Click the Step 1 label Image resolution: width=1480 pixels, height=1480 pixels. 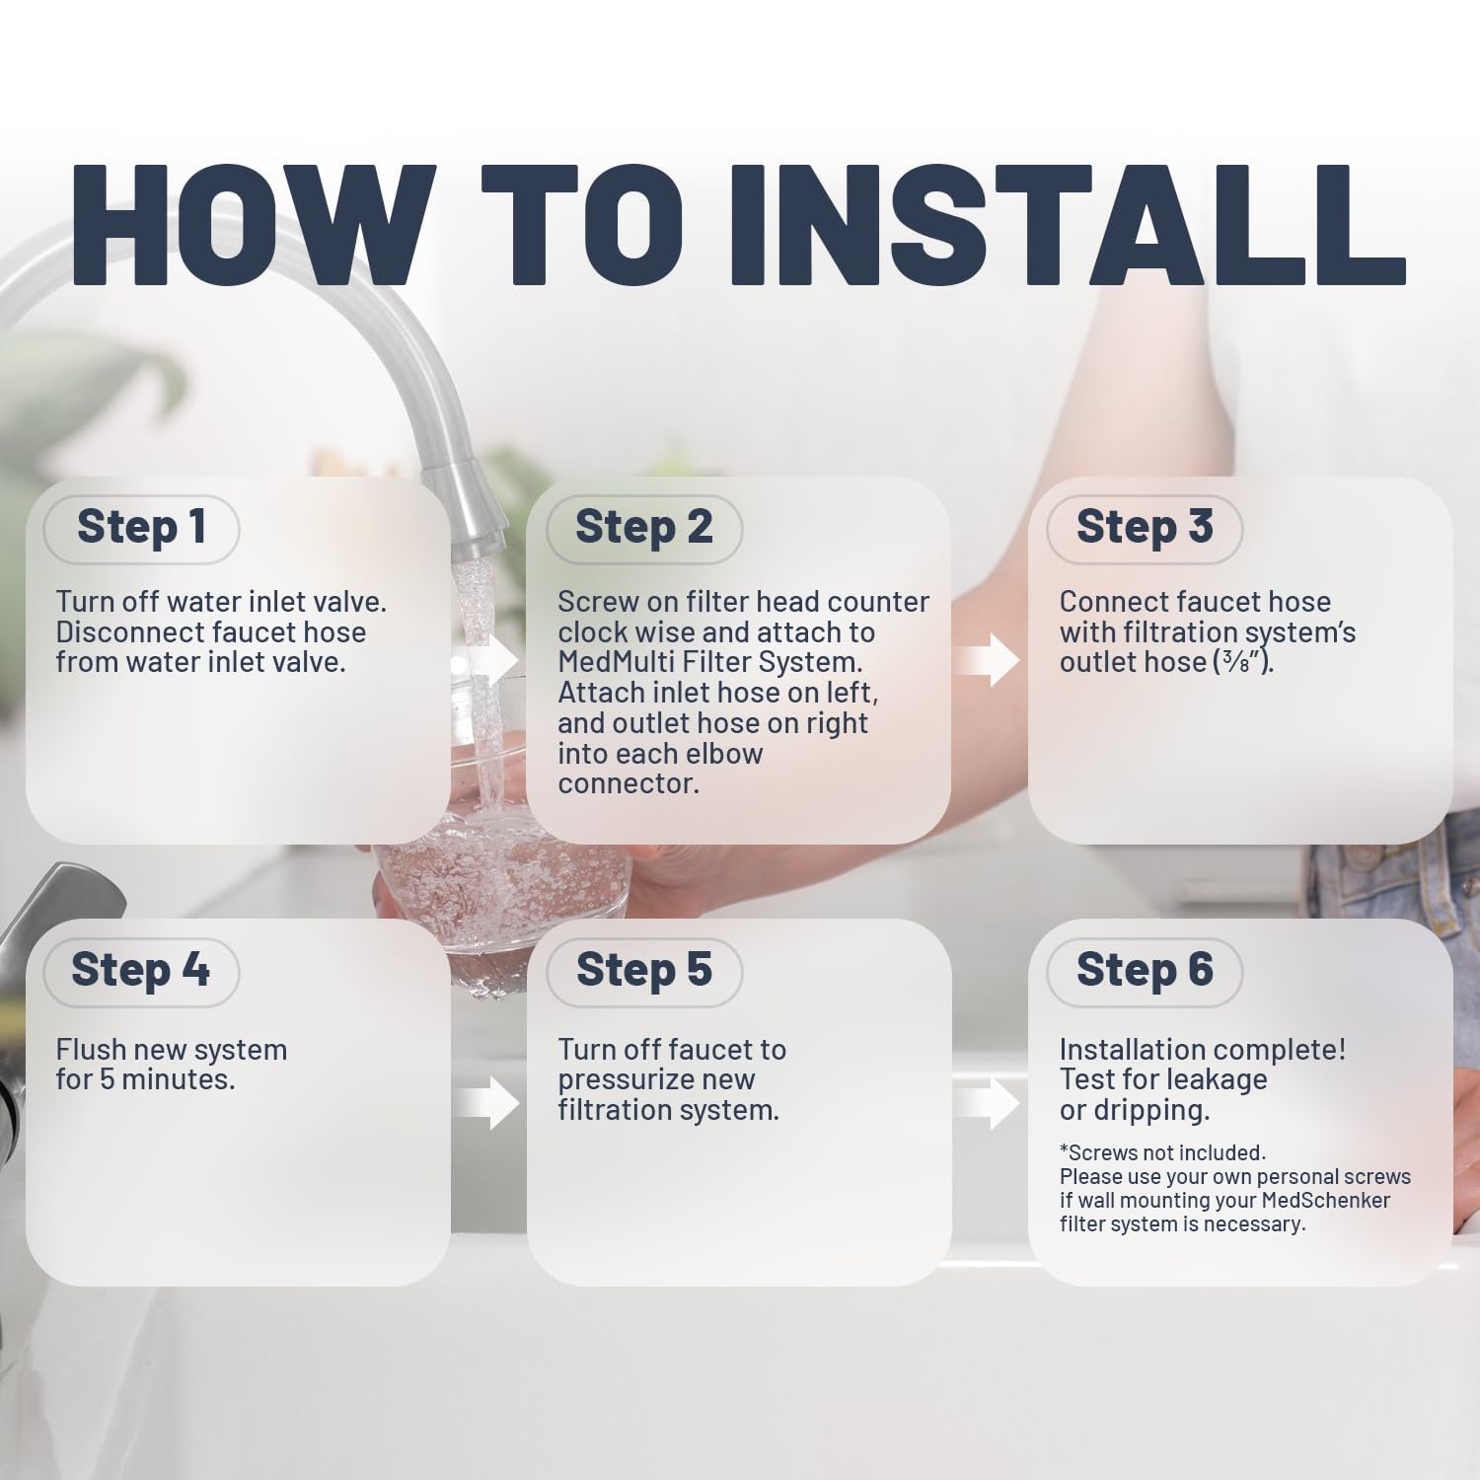click(141, 527)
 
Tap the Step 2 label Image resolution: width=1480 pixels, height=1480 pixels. click(643, 527)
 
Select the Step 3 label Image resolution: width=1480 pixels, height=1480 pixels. click(1145, 527)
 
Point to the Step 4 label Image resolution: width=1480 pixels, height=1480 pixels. click(140, 970)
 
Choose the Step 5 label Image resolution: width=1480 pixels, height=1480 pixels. click(643, 970)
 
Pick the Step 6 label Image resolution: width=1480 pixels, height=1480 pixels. click(1145, 970)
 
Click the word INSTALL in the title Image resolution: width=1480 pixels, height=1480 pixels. click(1066, 224)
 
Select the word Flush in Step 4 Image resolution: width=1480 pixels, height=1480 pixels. click(92, 1050)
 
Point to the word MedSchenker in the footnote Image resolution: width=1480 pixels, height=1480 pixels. click(1326, 1201)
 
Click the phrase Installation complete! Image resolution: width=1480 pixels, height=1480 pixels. click(1203, 1050)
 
